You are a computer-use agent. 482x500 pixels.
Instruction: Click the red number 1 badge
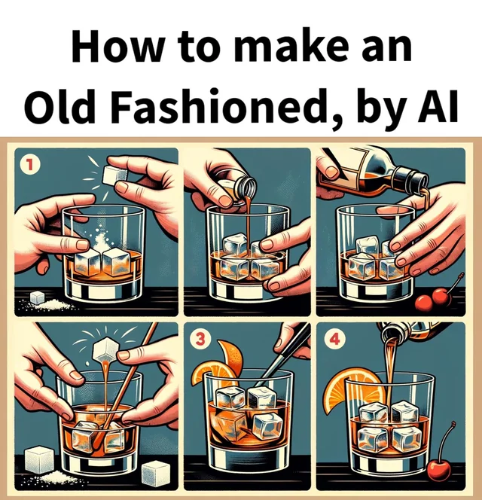tap(29, 163)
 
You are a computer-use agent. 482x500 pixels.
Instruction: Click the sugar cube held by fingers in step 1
tap(114, 175)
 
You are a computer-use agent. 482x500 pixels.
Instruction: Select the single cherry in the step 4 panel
tap(438, 470)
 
